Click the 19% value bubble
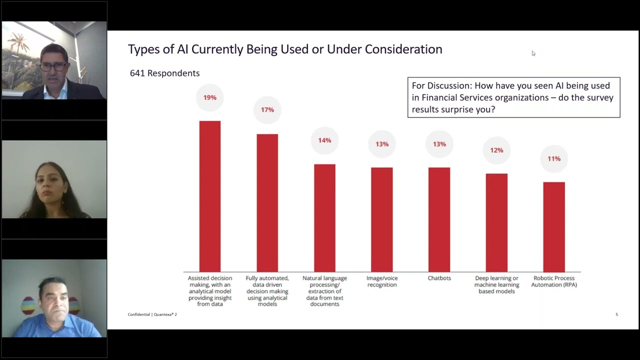[210, 97]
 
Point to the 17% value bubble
[267, 109]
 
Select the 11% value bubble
[554, 158]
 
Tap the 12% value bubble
[496, 150]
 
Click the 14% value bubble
[324, 140]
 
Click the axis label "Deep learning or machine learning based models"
[496, 284]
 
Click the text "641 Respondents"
[164, 73]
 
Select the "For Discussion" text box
[513, 97]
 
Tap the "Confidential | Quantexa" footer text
[152, 314]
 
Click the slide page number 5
[616, 314]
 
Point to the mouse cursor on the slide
[533, 53]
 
